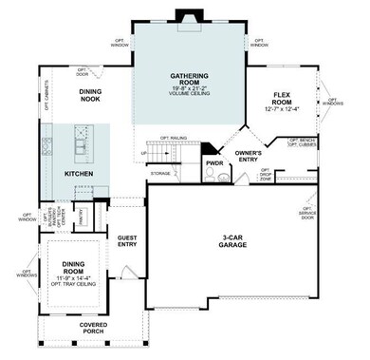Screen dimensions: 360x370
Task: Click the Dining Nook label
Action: (88, 95)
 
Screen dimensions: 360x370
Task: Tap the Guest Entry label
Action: (127, 241)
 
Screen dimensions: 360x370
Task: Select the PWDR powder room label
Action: (214, 162)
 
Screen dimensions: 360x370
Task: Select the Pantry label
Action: (80, 218)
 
